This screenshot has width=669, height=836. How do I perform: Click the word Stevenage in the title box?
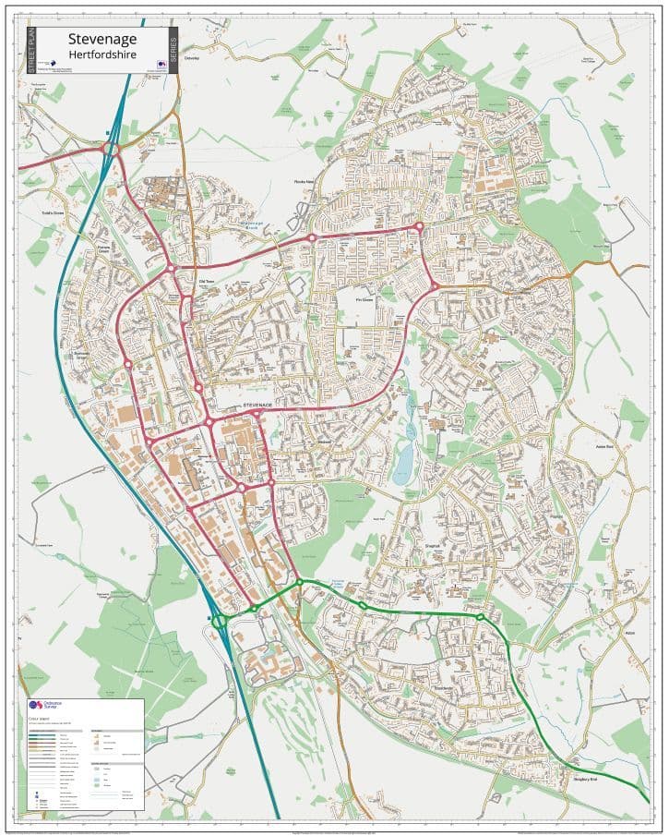102,38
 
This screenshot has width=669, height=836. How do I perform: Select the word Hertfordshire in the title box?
102,54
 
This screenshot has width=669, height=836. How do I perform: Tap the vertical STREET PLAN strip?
30,50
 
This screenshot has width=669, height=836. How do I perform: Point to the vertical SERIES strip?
173,50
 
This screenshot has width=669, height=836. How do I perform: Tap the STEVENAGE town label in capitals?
259,406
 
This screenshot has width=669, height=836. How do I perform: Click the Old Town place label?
207,281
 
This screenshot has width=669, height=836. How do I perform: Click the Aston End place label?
604,445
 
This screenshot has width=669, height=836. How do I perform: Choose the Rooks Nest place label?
305,181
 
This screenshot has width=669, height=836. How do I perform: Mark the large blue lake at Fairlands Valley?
403,462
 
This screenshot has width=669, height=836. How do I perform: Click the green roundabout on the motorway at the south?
220,623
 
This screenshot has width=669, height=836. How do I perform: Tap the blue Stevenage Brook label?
252,224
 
